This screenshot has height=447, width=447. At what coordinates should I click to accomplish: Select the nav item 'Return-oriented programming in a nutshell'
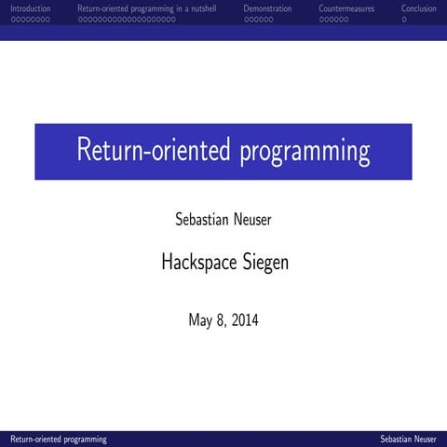[x=146, y=8]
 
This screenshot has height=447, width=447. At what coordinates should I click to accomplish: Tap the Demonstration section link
[x=267, y=8]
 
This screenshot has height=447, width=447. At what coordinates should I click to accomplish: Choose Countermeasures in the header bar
[x=347, y=8]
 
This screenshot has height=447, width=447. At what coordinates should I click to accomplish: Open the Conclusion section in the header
[x=418, y=8]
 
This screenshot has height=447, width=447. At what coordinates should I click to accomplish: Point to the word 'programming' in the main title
[x=305, y=152]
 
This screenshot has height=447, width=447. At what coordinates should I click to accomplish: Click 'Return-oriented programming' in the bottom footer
[x=58, y=439]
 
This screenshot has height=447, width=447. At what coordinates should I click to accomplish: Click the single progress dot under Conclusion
[x=404, y=19]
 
